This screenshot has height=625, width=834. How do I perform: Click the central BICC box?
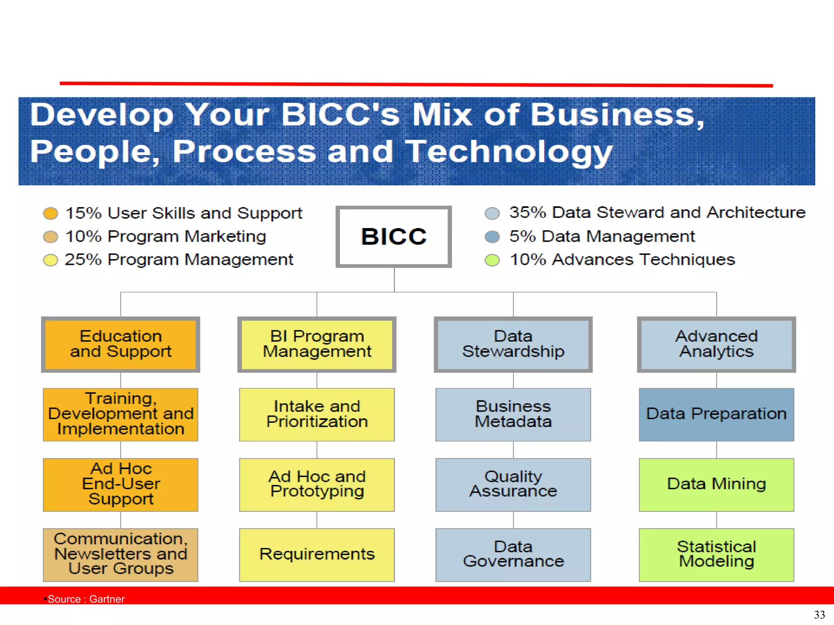pyautogui.click(x=393, y=236)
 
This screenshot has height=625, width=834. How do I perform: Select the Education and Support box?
pyautogui.click(x=121, y=344)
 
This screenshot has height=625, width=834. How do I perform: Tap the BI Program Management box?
pyautogui.click(x=317, y=344)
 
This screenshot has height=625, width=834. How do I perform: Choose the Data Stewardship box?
pyautogui.click(x=513, y=344)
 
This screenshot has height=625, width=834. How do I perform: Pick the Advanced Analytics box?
pyautogui.click(x=716, y=344)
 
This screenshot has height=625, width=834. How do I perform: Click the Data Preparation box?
pyautogui.click(x=716, y=414)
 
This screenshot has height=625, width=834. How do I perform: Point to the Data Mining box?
pyautogui.click(x=716, y=485)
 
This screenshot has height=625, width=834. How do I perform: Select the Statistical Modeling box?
pyautogui.click(x=716, y=555)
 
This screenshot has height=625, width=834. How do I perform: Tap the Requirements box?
pyautogui.click(x=317, y=555)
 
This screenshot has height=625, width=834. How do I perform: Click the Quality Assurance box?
pyautogui.click(x=513, y=485)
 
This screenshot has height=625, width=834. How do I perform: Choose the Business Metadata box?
pyautogui.click(x=513, y=414)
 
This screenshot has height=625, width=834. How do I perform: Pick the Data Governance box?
pyautogui.click(x=513, y=555)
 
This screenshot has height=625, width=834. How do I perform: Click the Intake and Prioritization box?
pyautogui.click(x=317, y=414)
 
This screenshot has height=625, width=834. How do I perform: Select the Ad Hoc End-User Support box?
pyautogui.click(x=121, y=485)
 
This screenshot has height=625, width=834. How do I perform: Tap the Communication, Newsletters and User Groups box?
pyautogui.click(x=121, y=555)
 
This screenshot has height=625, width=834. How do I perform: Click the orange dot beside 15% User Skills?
pyautogui.click(x=50, y=213)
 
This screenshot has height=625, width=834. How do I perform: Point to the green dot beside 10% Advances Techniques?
pyautogui.click(x=492, y=260)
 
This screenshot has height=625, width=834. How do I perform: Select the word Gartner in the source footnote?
pyautogui.click(x=107, y=599)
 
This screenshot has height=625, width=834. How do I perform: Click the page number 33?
pyautogui.click(x=819, y=614)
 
